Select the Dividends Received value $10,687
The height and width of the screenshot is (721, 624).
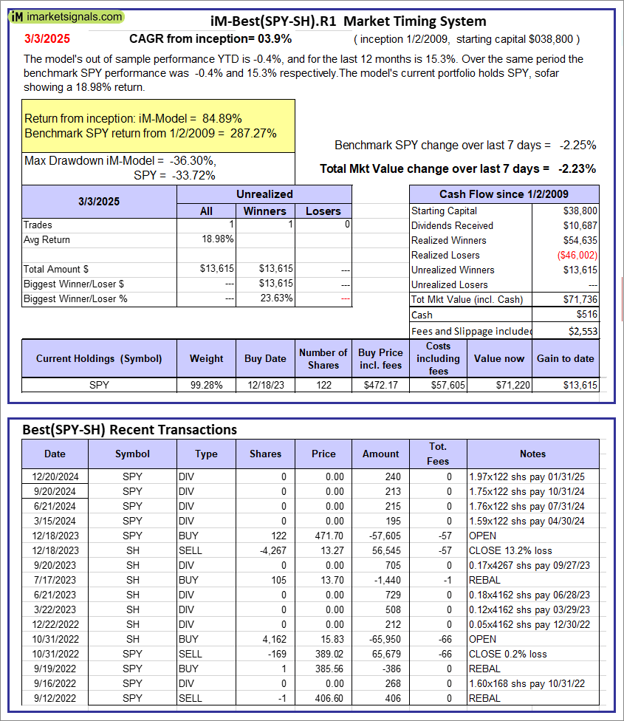(x=580, y=225)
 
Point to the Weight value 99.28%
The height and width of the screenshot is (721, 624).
(x=206, y=385)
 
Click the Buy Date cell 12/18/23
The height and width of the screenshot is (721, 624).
(x=265, y=385)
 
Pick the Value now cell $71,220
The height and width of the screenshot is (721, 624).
(x=510, y=385)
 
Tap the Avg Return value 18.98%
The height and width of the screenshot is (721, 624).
(x=218, y=239)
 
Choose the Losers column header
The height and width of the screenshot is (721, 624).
(x=323, y=211)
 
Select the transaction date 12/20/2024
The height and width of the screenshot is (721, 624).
(x=55, y=476)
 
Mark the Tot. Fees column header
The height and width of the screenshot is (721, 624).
(x=437, y=454)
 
